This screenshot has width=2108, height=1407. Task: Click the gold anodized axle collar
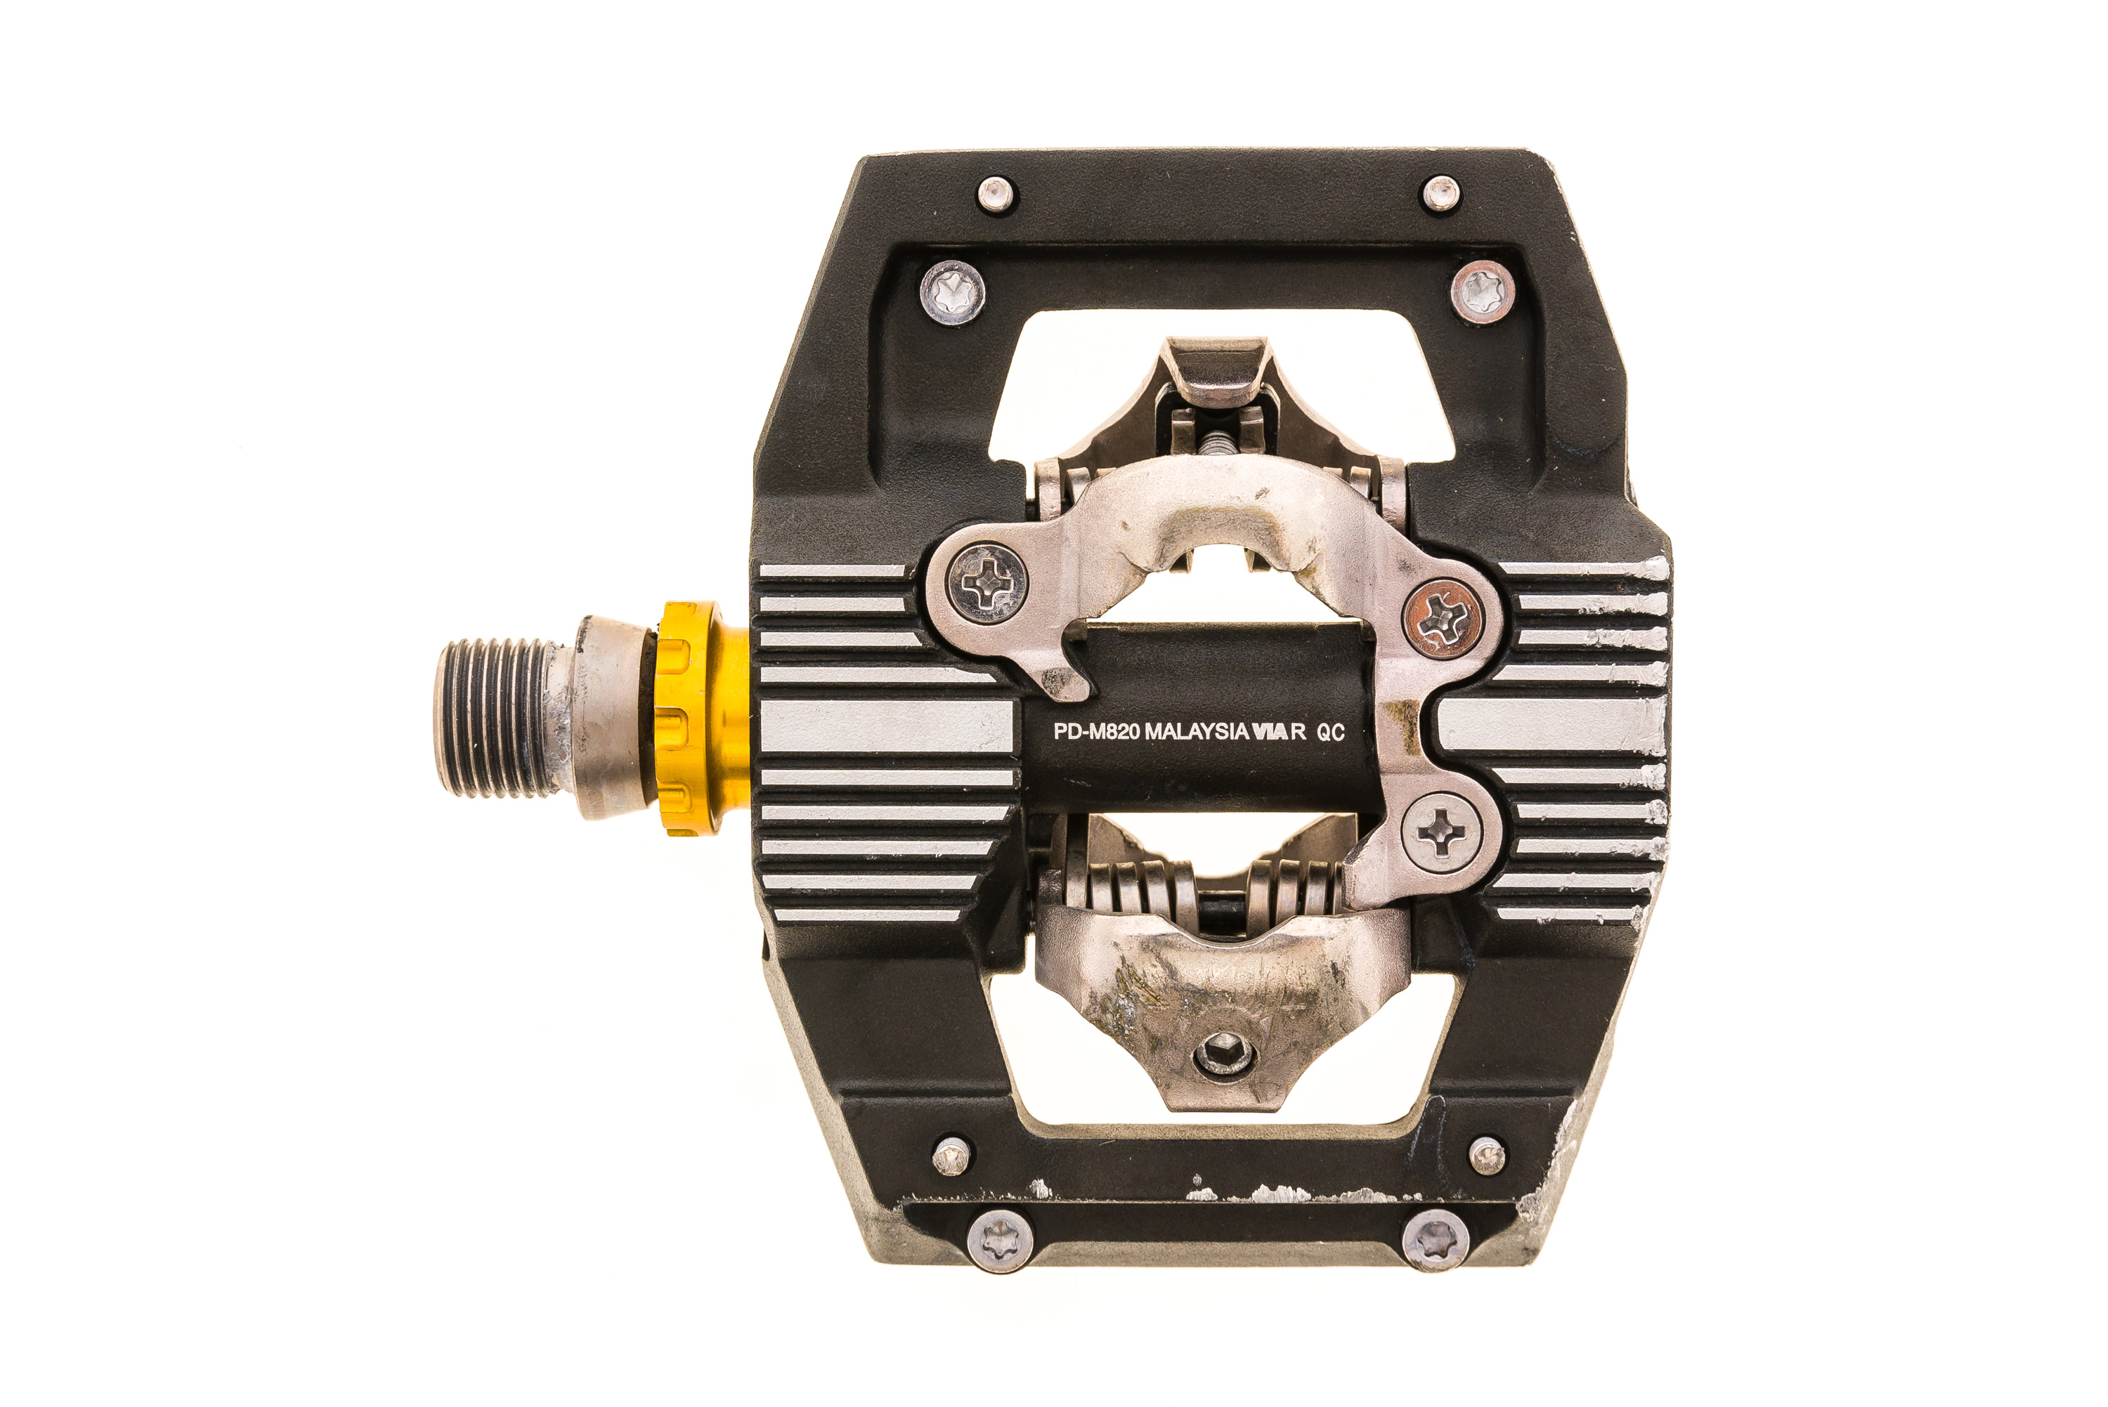[x=702, y=718]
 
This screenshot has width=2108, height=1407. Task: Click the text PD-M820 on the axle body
[x=1097, y=731]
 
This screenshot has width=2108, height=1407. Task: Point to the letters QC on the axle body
[x=1330, y=732]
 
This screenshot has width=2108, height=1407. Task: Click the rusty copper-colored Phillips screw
[x=1442, y=617]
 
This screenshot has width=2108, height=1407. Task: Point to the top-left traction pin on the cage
[x=994, y=194]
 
